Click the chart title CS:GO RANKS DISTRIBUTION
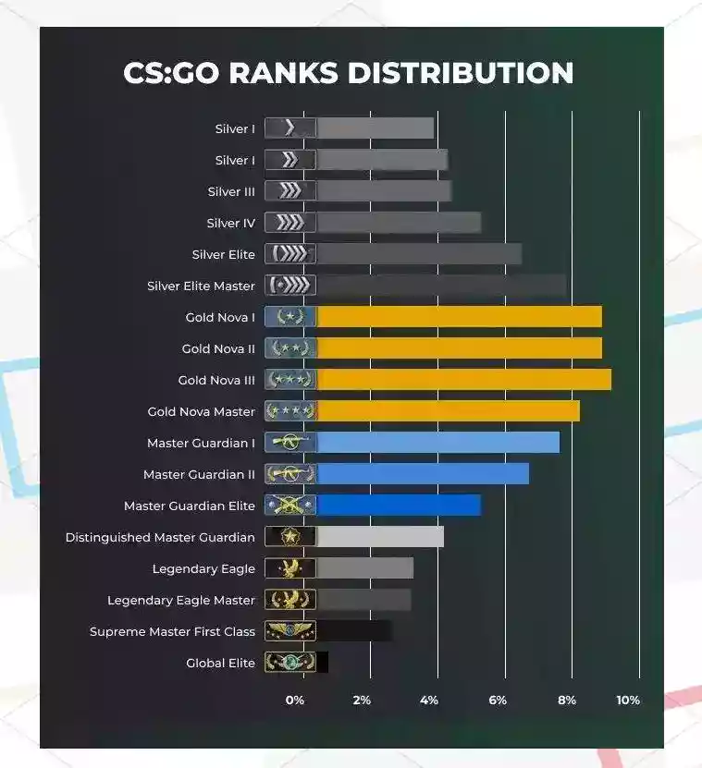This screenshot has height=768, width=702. point(348,73)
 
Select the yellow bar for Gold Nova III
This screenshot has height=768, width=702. point(463,380)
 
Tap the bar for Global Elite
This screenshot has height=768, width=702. point(322,663)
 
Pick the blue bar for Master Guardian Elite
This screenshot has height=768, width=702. point(398,506)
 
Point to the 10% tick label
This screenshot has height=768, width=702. point(628,701)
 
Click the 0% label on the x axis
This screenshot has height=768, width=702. point(294,701)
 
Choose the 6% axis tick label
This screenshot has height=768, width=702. point(498,701)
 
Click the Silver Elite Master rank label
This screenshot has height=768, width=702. point(201,286)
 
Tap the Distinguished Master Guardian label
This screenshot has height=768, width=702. point(160,538)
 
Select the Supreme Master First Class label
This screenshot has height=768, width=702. point(172,632)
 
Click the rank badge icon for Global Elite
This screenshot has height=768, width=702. point(290,663)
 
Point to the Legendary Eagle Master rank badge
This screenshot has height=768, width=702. point(290,600)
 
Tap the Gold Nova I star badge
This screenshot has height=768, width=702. point(290,317)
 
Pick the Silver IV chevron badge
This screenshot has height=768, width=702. point(290,223)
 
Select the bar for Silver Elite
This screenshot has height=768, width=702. point(418,254)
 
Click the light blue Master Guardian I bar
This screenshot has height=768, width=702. point(437,443)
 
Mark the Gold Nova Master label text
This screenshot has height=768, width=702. point(201,412)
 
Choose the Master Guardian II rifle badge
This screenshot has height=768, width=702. point(290,474)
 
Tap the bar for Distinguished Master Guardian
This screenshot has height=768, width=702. point(379,537)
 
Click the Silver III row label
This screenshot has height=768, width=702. point(231,192)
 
